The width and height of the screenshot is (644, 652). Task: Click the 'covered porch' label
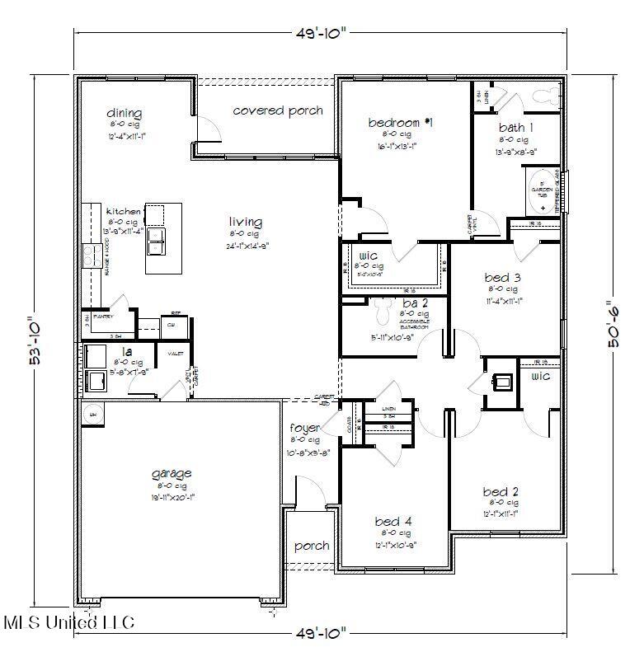click(x=277, y=110)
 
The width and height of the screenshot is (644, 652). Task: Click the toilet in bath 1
click(x=544, y=94)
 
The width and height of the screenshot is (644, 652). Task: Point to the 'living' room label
click(x=246, y=222)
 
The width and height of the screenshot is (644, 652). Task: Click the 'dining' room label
click(x=125, y=113)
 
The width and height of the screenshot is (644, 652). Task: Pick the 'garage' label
click(x=172, y=473)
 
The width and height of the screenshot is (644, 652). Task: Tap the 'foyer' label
click(x=304, y=428)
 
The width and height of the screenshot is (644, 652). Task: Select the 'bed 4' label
click(x=393, y=521)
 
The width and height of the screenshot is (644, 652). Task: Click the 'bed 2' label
click(x=501, y=492)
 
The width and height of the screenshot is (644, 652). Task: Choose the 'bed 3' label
click(x=502, y=278)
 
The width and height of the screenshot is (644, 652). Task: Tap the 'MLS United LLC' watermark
click(x=69, y=622)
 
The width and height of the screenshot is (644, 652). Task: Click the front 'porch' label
click(x=311, y=546)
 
